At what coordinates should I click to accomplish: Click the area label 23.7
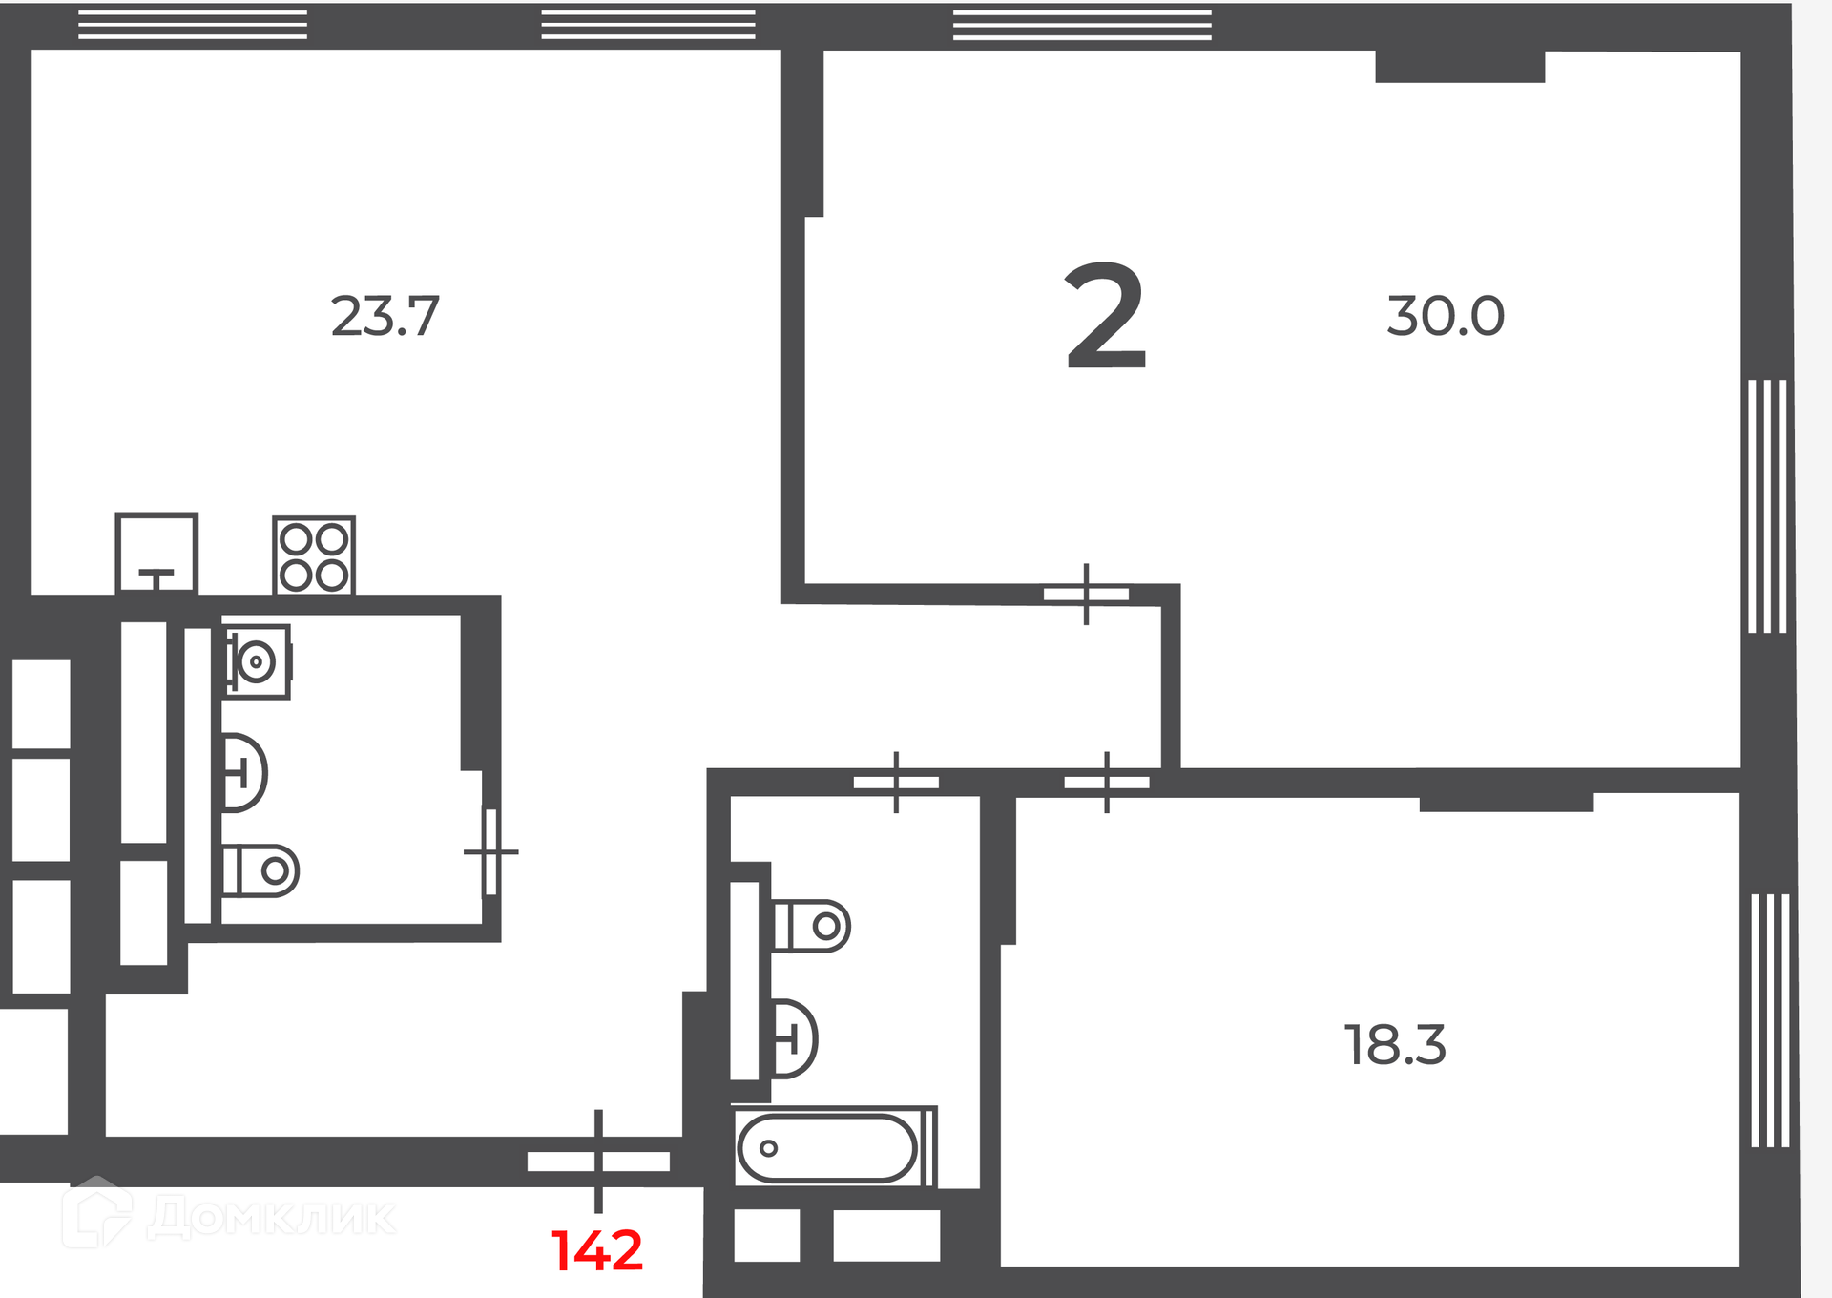point(385,316)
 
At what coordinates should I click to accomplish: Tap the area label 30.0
point(1446,316)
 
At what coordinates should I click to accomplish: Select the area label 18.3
point(1395,1045)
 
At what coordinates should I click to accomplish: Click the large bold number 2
point(1105,316)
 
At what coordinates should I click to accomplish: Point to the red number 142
point(597,1250)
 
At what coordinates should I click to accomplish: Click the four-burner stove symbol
point(314,556)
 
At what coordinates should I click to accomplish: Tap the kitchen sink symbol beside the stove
point(156,554)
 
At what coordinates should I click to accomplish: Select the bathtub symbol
point(835,1147)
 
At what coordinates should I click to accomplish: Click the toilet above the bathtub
point(811,926)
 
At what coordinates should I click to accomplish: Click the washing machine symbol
point(258,661)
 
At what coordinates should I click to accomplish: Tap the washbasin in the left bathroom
point(244,772)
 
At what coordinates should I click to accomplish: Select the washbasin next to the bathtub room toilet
point(794,1038)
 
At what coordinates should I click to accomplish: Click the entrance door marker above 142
point(598,1162)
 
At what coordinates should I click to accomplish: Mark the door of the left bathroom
point(490,852)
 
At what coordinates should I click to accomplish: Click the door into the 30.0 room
point(1086,594)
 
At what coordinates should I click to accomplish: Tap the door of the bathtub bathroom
point(896,783)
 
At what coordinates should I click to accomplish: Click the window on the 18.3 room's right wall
point(1770,1020)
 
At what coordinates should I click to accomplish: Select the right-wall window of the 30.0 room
point(1767,506)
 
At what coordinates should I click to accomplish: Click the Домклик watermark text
point(272,1217)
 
